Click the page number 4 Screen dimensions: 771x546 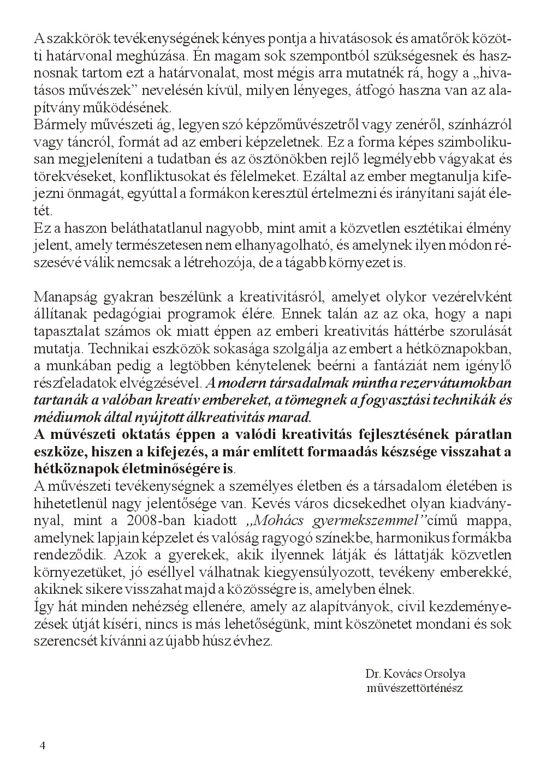42,745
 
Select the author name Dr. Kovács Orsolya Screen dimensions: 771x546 416,673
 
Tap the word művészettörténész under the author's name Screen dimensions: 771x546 415,688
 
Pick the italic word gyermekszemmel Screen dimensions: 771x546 360,521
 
